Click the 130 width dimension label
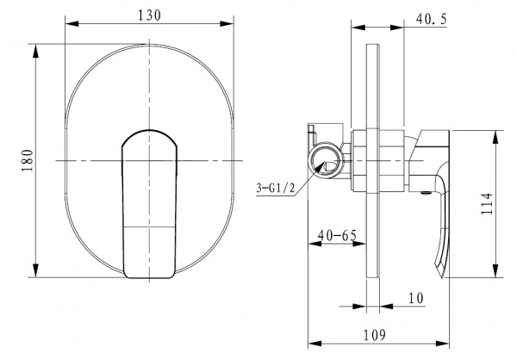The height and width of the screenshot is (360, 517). click(149, 16)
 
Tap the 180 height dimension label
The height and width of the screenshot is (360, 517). click(28, 160)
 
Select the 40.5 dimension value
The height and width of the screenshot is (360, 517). click(432, 19)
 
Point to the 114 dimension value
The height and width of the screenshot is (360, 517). click(487, 204)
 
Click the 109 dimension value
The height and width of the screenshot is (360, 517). click(374, 335)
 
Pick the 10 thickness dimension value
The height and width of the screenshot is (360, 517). click(416, 298)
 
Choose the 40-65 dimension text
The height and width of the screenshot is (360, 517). click(337, 235)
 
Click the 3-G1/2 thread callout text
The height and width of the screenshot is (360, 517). click(276, 189)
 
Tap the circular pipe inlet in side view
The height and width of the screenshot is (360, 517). click(326, 160)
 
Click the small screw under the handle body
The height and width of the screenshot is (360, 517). click(426, 194)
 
